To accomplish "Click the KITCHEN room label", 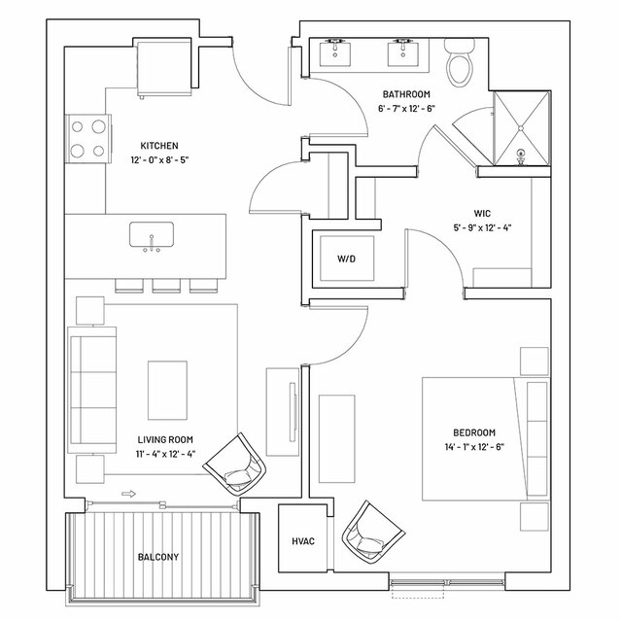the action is point(159,146).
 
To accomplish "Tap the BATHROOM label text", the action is point(406,94).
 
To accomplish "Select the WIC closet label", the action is point(482,214).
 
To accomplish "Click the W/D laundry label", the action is point(346,259).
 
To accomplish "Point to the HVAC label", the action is point(303,541).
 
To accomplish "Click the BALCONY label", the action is point(158,557).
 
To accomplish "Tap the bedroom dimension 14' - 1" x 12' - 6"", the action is point(474,447).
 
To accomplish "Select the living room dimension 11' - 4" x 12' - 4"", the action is point(165,454).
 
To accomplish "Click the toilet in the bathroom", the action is point(460,62).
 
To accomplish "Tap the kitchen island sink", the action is point(152,234).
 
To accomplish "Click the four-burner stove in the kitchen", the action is point(87,139).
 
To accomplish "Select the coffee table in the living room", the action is point(167,390).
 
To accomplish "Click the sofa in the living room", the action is point(92,390).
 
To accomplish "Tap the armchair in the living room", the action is point(235,465).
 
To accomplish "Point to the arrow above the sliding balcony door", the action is point(128,494).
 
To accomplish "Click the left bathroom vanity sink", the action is point(335,52).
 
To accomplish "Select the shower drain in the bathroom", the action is point(521,128).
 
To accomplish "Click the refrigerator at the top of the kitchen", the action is point(164,68).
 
